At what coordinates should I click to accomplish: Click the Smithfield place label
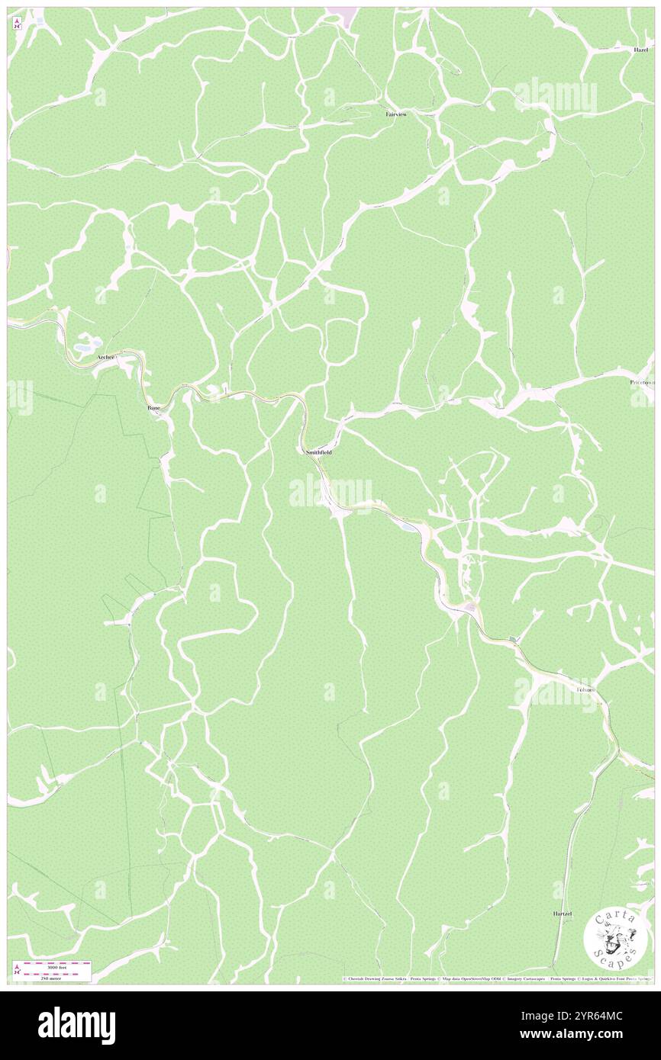[x=318, y=452]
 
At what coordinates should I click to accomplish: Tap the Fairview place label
[x=395, y=114]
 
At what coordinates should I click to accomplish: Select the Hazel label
[x=640, y=50]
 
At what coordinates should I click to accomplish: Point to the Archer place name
[x=105, y=357]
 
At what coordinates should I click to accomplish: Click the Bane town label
[x=153, y=409]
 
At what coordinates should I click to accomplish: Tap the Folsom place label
[x=585, y=689]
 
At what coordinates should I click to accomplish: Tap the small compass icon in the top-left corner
[x=17, y=23]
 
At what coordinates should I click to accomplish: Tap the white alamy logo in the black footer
[x=76, y=1025]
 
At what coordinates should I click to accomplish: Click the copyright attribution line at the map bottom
[x=496, y=978]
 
